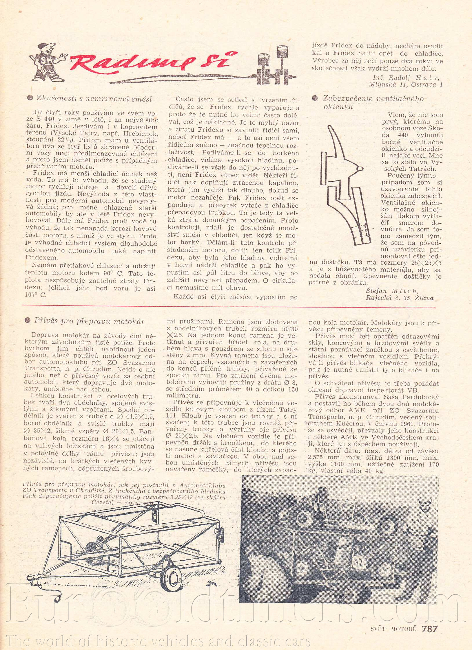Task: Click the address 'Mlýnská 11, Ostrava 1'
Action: (406, 84)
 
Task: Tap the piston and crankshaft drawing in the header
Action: (275, 67)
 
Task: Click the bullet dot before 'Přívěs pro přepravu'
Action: (28, 321)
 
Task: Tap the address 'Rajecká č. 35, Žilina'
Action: (400, 298)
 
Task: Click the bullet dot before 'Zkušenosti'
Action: (30, 98)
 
